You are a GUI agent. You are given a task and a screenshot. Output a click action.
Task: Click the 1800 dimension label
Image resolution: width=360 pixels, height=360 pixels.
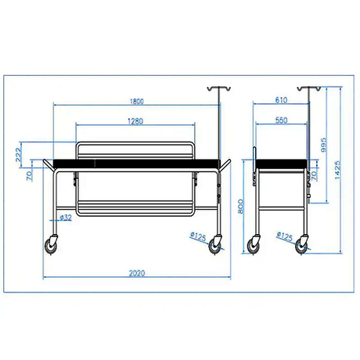point(137,101)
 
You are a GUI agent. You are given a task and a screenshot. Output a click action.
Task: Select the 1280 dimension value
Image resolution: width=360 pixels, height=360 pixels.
point(135,121)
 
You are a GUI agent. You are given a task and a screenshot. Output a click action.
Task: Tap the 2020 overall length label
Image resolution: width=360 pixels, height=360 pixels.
point(137,273)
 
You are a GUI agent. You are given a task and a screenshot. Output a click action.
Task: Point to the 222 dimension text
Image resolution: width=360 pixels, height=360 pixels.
point(18,155)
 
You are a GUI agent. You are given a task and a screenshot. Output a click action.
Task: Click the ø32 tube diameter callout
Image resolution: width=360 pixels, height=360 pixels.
point(66,218)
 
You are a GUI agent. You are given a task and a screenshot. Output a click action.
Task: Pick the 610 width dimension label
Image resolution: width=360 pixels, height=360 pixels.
point(281,100)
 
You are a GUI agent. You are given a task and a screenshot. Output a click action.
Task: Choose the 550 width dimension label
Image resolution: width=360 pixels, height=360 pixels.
point(281,121)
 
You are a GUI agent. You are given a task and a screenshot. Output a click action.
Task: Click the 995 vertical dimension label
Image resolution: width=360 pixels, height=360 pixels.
point(323,145)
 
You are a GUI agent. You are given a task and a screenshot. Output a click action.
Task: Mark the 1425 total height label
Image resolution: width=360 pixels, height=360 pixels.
point(337,170)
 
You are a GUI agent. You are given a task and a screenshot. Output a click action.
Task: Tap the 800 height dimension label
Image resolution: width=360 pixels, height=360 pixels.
point(241,207)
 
